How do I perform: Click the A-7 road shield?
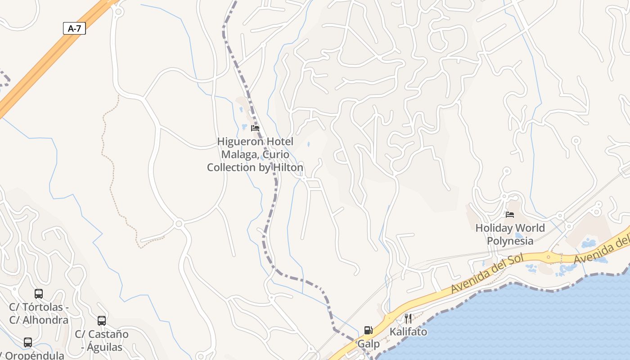tap(74, 29)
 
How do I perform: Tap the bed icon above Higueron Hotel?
tap(255, 128)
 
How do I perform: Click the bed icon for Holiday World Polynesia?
tap(509, 215)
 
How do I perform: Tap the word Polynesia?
tap(510, 241)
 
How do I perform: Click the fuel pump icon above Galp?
tap(368, 330)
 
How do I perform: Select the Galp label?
tap(369, 344)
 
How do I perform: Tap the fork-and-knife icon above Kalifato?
tap(408, 319)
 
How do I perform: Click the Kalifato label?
tap(408, 332)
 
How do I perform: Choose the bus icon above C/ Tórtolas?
tap(39, 294)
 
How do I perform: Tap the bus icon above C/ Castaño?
tap(102, 321)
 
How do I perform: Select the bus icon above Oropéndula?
tap(28, 342)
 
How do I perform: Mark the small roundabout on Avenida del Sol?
tap(548, 257)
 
